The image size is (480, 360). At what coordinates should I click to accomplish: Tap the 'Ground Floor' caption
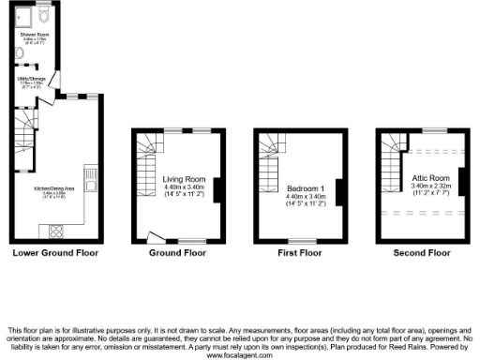[177, 252]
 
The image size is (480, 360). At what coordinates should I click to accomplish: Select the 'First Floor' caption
[300, 252]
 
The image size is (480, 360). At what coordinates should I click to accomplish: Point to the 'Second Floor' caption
[422, 252]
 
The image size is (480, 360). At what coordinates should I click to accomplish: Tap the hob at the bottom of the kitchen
[54, 231]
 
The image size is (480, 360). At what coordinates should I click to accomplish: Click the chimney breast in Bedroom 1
[338, 190]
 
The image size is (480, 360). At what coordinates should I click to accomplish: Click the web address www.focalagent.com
[240, 356]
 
